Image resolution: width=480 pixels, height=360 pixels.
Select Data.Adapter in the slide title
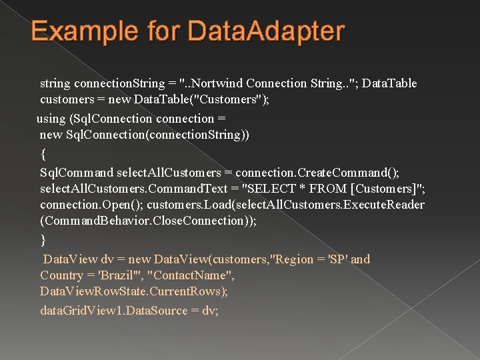point(267,31)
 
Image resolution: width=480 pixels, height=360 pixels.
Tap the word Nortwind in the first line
point(214,83)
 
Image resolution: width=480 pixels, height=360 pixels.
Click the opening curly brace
point(43,154)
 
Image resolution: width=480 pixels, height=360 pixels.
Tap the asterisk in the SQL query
point(305,188)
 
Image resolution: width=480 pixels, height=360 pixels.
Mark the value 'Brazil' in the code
point(121,275)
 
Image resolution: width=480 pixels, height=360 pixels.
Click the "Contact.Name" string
point(191,275)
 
